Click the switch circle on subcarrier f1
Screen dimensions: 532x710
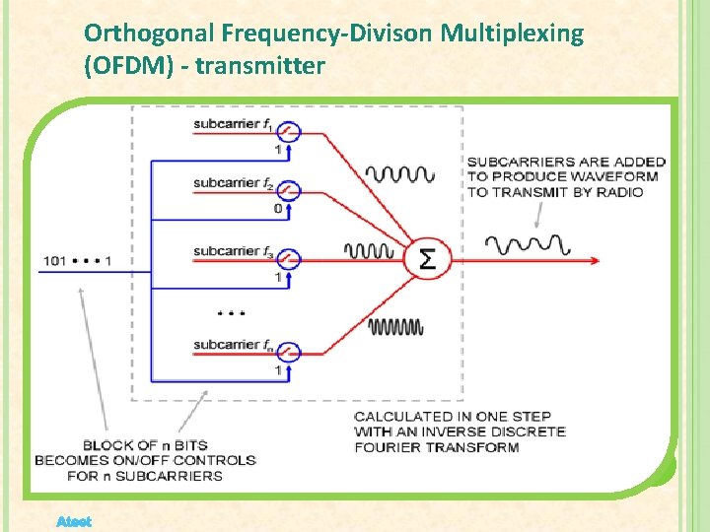click(288, 127)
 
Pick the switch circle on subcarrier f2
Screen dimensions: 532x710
click(288, 187)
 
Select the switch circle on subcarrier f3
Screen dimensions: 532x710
click(288, 257)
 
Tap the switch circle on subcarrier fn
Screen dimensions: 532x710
click(288, 349)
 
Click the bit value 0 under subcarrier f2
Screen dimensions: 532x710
click(278, 209)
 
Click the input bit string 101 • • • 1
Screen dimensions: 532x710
click(77, 260)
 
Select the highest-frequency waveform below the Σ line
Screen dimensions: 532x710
click(394, 326)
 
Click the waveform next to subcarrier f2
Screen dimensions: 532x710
click(399, 174)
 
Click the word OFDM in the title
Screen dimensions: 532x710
click(126, 67)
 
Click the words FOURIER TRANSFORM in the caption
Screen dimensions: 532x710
click(436, 447)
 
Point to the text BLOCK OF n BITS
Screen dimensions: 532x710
click(145, 445)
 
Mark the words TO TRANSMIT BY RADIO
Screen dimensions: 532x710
click(554, 192)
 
